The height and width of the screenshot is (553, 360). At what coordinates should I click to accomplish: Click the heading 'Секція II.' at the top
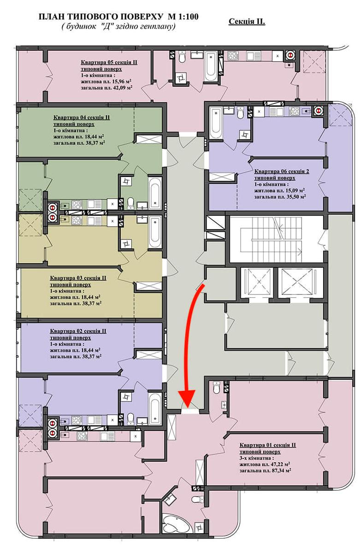pyautogui.click(x=247, y=22)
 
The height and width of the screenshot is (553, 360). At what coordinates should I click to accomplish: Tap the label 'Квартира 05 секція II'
pyautogui.click(x=109, y=62)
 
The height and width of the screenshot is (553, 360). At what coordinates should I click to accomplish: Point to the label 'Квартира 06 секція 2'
pyautogui.click(x=282, y=171)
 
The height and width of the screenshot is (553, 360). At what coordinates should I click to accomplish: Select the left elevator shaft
pyautogui.click(x=256, y=282)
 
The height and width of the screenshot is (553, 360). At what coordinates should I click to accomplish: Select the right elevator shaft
pyautogui.click(x=294, y=282)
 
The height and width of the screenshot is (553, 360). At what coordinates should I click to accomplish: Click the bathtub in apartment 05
pyautogui.click(x=211, y=66)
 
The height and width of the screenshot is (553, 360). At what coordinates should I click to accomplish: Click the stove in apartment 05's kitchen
pyautogui.click(x=233, y=55)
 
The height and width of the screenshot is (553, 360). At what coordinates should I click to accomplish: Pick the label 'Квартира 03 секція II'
pyautogui.click(x=78, y=278)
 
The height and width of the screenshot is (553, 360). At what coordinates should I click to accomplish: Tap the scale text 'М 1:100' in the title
pyautogui.click(x=183, y=17)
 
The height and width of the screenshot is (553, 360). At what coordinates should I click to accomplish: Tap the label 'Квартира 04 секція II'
pyautogui.click(x=82, y=117)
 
